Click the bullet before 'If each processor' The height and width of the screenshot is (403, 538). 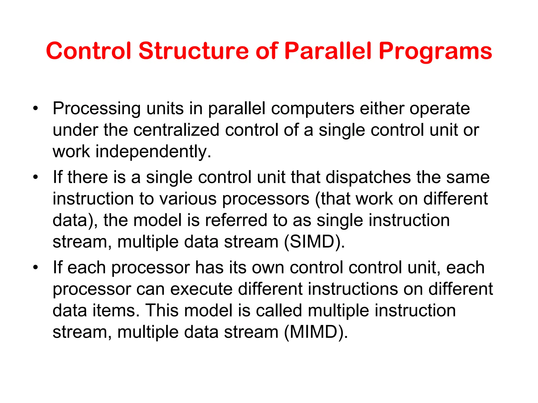35,267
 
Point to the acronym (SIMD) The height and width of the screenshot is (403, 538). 314,241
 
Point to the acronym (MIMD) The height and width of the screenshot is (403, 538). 316,332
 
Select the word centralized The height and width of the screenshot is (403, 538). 176,130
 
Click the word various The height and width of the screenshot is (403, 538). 188,199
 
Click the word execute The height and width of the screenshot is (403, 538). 201,289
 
